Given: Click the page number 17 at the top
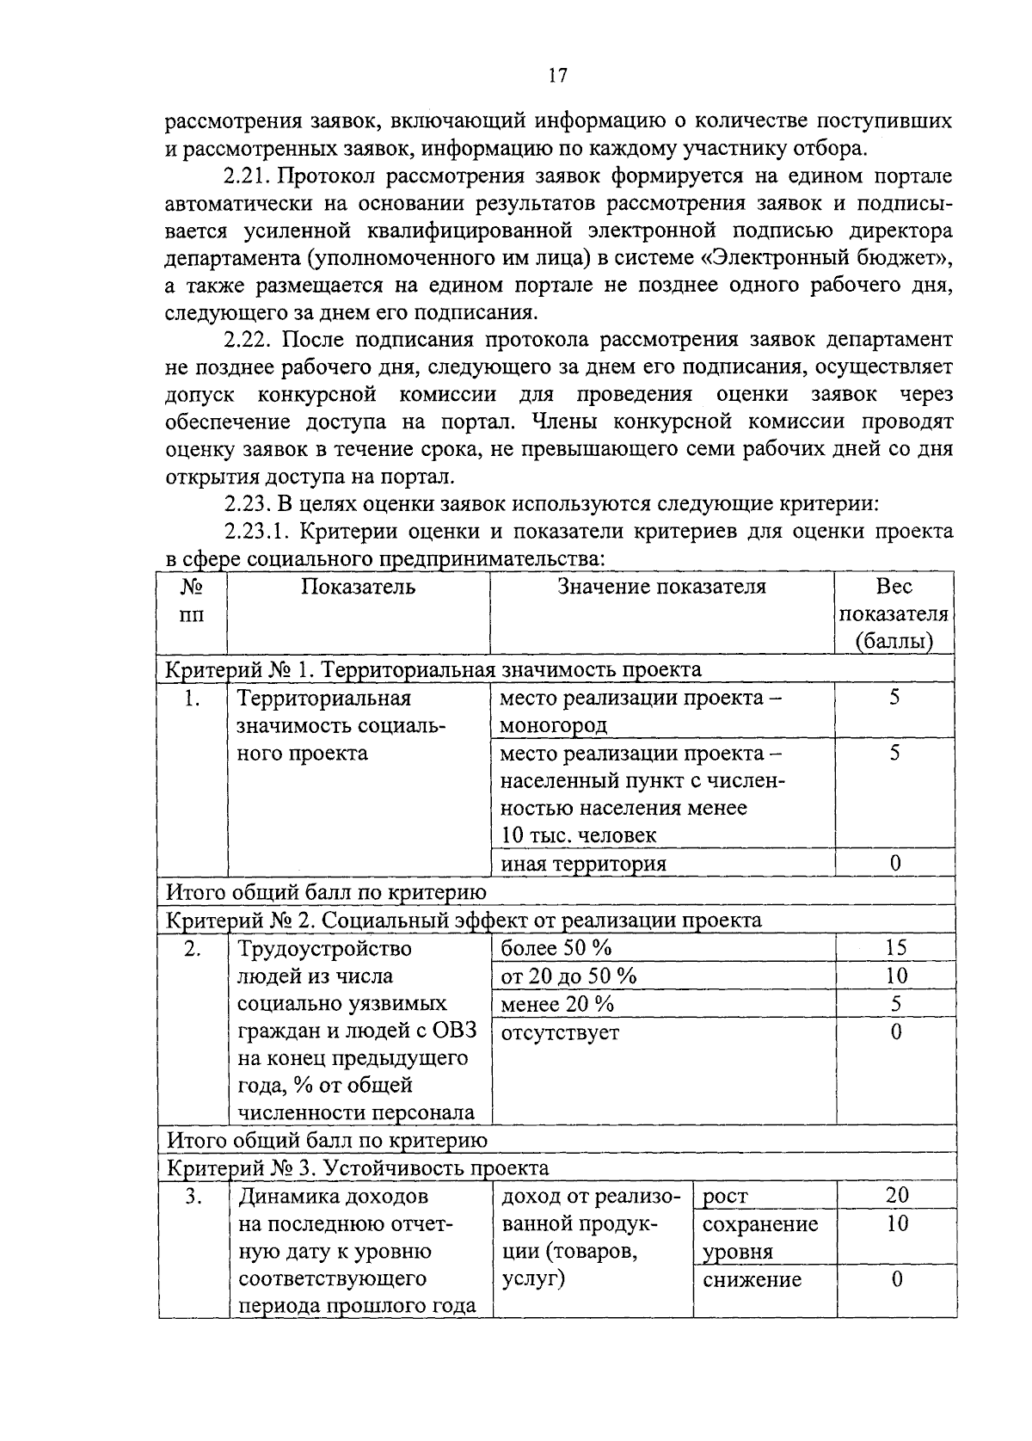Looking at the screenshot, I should click(x=557, y=76).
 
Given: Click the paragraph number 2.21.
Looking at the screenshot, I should click(x=247, y=177).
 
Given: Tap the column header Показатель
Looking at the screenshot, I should click(x=358, y=588).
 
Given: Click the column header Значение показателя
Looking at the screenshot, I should click(x=661, y=588).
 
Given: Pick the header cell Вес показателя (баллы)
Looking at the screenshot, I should click(x=894, y=614).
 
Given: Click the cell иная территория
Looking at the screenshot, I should click(x=583, y=864).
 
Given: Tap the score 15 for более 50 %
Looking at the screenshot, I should click(x=895, y=948).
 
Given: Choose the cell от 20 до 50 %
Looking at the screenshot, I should click(x=568, y=976).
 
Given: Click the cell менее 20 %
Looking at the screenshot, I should click(x=557, y=1004).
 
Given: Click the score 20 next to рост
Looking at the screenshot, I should click(x=896, y=1195).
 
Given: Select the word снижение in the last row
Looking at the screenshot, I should click(x=752, y=1279).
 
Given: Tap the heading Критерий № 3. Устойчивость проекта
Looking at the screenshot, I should click(x=357, y=1168).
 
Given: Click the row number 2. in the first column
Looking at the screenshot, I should click(x=193, y=949).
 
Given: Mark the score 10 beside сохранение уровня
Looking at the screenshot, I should click(x=896, y=1223).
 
